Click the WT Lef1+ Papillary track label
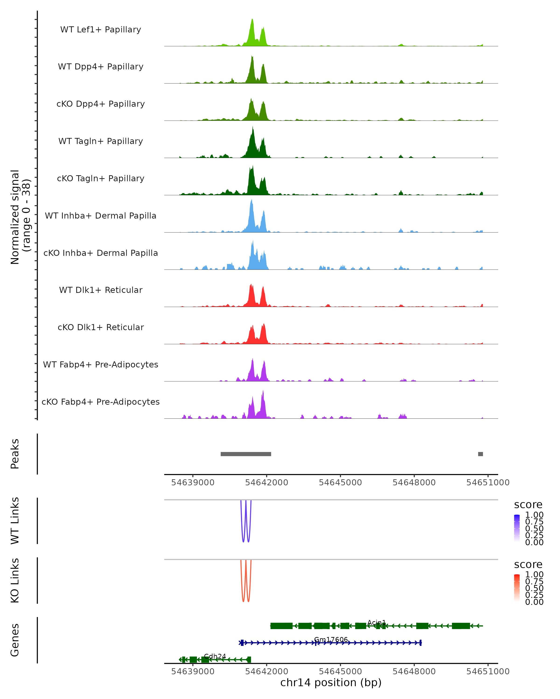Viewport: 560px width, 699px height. click(101, 30)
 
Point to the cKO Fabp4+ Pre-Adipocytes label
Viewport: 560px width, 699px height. click(101, 402)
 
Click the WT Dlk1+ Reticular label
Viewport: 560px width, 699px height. click(101, 290)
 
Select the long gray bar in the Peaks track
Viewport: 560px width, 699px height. click(246, 454)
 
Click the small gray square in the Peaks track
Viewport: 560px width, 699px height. click(480, 454)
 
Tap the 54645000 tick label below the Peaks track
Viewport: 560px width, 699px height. click(340, 483)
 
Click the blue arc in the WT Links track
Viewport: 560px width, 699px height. click(243, 540)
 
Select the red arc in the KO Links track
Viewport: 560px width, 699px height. click(243, 600)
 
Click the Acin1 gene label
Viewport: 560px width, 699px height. click(377, 623)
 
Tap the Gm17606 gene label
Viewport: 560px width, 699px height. click(331, 640)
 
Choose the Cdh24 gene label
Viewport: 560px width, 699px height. click(215, 656)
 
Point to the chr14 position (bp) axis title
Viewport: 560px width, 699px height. click(331, 682)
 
